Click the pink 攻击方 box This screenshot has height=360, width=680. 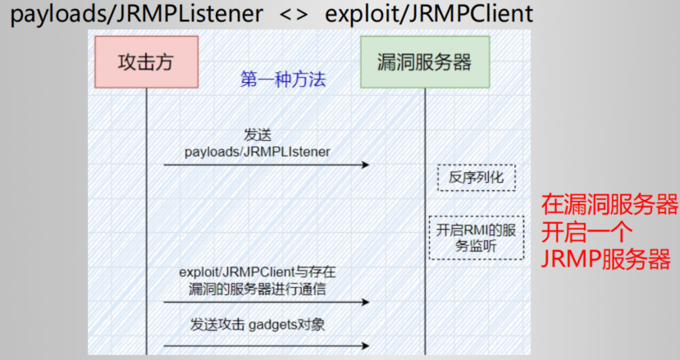pos(146,63)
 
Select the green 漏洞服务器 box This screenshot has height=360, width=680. pos(424,63)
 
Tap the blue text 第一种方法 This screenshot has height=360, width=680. pos(283,80)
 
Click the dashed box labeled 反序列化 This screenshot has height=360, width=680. pos(476,177)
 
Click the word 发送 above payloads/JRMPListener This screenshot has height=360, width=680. pos(257,134)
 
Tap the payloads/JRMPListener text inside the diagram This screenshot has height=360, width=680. pos(257,151)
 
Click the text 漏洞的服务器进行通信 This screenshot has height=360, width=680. pos(257,287)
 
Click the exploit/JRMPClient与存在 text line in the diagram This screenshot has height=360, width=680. pos(257,271)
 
